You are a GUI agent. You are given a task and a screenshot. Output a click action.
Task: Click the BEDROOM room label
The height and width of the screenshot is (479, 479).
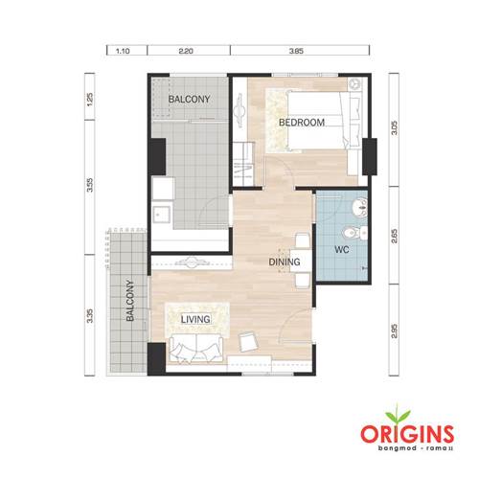[302, 123]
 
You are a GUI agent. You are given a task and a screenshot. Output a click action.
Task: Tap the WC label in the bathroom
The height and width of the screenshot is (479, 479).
[341, 249]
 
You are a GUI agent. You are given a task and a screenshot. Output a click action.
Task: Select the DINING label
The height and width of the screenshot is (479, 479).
[285, 262]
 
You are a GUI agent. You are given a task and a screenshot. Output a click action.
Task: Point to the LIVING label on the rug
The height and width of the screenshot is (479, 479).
[195, 319]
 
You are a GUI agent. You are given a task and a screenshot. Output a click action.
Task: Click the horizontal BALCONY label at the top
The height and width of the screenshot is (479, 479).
[189, 99]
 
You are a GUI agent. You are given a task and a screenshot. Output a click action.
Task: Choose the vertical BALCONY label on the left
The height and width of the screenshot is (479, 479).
[130, 301]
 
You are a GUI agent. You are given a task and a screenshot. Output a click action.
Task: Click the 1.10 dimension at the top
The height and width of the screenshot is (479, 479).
[123, 51]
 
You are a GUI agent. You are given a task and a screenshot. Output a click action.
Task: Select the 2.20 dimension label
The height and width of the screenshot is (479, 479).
[186, 51]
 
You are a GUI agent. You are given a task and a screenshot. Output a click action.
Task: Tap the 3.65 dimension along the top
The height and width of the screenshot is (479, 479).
[296, 51]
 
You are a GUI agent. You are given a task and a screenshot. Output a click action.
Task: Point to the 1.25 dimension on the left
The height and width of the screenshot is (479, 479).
[90, 100]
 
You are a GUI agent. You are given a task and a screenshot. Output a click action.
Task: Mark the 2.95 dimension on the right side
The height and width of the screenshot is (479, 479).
[395, 331]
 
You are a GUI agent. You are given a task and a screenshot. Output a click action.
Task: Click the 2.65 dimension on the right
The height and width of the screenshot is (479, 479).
[395, 237]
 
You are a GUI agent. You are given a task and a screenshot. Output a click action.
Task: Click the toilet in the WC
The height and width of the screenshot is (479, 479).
[355, 233]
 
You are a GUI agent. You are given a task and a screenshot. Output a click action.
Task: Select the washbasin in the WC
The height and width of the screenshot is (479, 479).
[359, 206]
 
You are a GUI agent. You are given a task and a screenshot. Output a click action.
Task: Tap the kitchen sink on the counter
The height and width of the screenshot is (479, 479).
[161, 215]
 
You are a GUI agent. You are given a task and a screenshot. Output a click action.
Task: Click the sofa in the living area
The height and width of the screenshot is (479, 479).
[196, 349]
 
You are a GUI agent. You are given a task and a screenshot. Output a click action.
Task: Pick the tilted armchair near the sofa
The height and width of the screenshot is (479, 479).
[248, 341]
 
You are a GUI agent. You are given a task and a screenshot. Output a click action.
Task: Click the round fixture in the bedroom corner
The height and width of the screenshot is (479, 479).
[354, 84]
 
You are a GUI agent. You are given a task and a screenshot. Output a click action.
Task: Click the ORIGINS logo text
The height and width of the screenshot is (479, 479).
[407, 434]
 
